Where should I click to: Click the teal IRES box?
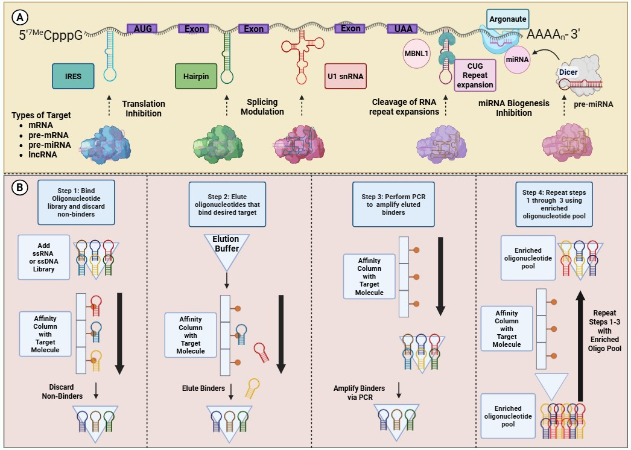74,76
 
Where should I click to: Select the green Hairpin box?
195,76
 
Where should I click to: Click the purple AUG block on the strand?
142,29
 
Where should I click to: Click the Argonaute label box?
508,19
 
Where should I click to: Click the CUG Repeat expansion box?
476,75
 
